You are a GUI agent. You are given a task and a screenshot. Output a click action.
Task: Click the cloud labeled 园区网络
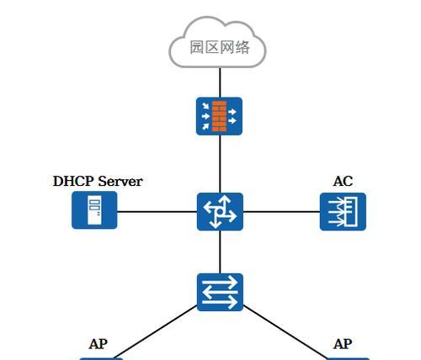click(217, 42)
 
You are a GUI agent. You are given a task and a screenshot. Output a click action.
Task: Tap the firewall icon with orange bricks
click(219, 116)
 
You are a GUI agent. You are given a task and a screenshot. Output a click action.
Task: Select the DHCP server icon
click(94, 210)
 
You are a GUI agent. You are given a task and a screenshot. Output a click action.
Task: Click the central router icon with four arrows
click(220, 212)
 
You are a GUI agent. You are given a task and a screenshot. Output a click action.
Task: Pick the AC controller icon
click(343, 212)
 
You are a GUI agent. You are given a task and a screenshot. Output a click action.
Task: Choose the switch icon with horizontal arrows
click(220, 292)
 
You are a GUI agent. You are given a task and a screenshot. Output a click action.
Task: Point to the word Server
click(120, 181)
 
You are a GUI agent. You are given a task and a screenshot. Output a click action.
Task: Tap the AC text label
click(343, 181)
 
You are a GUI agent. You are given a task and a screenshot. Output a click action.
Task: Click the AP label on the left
click(99, 344)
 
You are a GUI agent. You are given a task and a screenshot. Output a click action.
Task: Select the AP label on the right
click(343, 344)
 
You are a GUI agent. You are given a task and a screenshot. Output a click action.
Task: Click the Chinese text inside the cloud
click(220, 47)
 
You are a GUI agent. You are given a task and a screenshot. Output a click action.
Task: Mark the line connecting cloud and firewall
click(220, 82)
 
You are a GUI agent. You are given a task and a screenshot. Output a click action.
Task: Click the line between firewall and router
click(220, 164)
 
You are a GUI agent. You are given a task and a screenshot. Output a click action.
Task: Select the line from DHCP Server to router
click(157, 212)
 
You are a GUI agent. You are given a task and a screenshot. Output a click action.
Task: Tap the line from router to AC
click(281, 212)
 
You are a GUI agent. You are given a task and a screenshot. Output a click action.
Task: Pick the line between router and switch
click(220, 252)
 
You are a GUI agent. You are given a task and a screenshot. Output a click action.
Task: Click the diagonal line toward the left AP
click(155, 332)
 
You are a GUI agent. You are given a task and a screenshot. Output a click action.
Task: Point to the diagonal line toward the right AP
click(285, 332)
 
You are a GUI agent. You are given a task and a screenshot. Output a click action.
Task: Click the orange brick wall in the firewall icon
click(219, 116)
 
